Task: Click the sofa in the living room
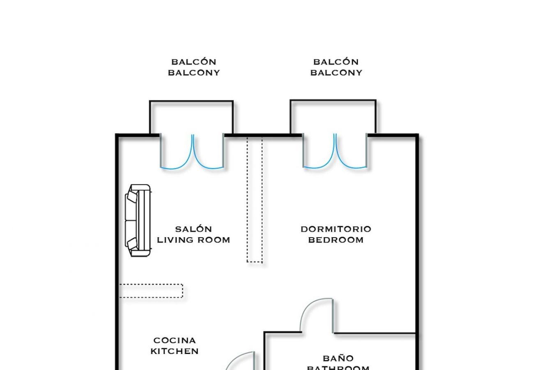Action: [x=138, y=221]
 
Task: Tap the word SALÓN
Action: [x=193, y=229]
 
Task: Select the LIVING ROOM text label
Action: [x=193, y=240]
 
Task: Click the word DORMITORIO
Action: [x=336, y=229]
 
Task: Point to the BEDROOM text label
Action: [x=336, y=240]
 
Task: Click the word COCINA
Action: [x=175, y=340]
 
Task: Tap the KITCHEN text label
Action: [x=175, y=351]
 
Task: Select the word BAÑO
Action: [x=338, y=358]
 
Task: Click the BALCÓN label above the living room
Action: [x=193, y=62]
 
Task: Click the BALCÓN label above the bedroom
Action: [x=336, y=62]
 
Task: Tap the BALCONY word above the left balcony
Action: [x=193, y=73]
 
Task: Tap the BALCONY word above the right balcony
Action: [x=336, y=73]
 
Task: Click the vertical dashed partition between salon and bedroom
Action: [x=254, y=199]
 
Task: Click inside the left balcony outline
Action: [x=191, y=117]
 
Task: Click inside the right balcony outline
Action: [x=333, y=117]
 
